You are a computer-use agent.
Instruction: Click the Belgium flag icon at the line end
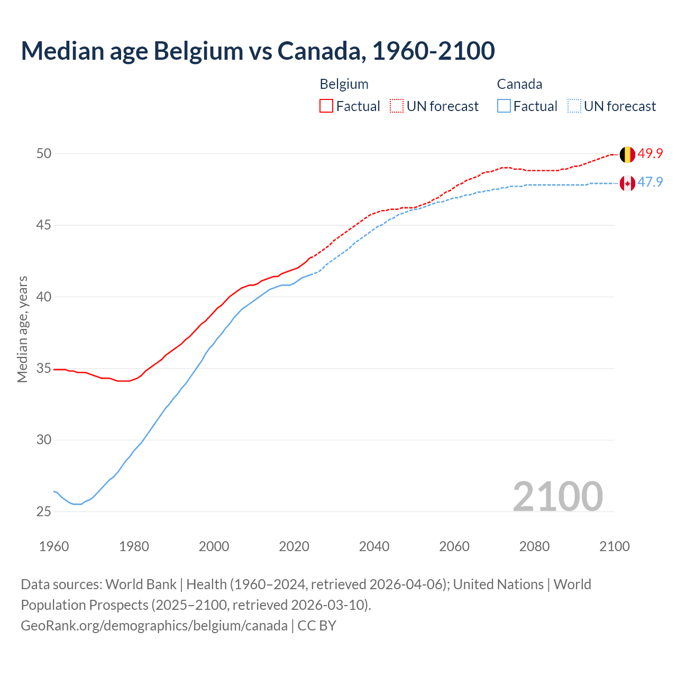(x=627, y=154)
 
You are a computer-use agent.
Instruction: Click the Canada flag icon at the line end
(x=627, y=184)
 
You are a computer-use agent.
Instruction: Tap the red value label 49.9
(x=650, y=154)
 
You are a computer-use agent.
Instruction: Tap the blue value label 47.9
(x=650, y=182)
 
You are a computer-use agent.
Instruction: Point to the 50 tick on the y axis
(x=44, y=154)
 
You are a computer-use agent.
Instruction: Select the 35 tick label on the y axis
(x=44, y=368)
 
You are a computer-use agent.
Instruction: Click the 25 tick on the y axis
(x=44, y=511)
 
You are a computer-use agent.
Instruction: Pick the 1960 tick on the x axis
(x=54, y=546)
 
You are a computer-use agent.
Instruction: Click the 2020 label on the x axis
(x=294, y=546)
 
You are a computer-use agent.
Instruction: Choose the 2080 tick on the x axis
(x=534, y=546)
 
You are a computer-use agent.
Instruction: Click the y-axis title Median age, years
(x=22, y=329)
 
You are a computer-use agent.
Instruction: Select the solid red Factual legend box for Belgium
(x=326, y=106)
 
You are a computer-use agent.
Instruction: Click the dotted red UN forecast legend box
(x=397, y=106)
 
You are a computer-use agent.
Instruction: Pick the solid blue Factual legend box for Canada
(x=504, y=106)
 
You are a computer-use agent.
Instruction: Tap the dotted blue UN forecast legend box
(x=574, y=106)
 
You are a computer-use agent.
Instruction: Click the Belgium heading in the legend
(x=344, y=85)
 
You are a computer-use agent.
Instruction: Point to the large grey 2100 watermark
(x=557, y=496)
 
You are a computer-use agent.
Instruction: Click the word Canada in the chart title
(x=321, y=51)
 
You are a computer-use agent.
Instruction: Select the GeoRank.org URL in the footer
(x=154, y=626)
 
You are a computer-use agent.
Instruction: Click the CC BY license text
(x=317, y=626)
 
